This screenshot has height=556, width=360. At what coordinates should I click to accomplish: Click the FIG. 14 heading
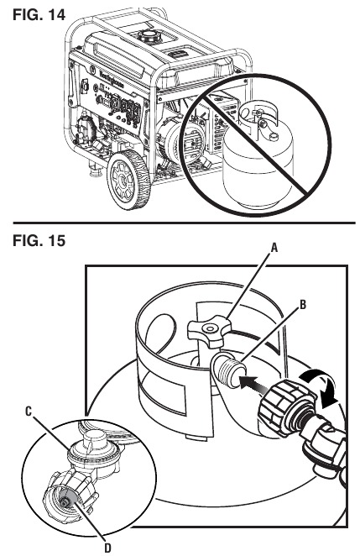tap(39, 15)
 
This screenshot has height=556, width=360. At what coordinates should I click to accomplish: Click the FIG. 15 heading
tap(39, 241)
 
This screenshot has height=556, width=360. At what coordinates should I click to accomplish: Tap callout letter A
tap(274, 249)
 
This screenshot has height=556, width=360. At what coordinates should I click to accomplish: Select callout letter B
tap(303, 305)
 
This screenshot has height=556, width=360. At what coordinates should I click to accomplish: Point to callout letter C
tap(29, 412)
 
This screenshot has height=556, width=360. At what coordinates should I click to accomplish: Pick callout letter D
tap(107, 548)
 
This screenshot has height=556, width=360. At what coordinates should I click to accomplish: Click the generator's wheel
tap(128, 180)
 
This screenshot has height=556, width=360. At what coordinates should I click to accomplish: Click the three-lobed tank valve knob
tap(210, 331)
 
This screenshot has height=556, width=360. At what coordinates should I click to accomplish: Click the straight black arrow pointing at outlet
tap(253, 386)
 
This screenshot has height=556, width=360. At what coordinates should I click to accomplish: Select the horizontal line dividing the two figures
tap(184, 223)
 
